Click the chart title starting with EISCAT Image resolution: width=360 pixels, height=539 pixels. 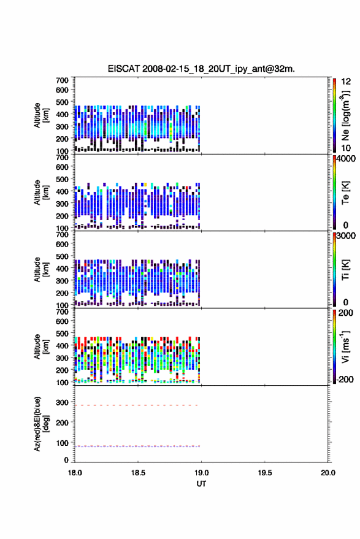[201, 69]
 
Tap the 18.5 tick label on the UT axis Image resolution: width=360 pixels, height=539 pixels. [138, 473]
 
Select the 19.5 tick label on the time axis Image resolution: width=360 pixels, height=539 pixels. [264, 473]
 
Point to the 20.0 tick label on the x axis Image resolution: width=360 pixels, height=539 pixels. [327, 473]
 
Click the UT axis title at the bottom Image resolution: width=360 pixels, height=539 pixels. [201, 484]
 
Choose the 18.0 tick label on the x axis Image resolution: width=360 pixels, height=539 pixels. [75, 473]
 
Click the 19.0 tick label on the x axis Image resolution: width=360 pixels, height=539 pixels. [201, 473]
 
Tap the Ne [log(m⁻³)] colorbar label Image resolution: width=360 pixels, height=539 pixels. [345, 115]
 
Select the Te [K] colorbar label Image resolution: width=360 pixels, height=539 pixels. [345, 193]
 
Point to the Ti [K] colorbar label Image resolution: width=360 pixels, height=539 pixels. [345, 270]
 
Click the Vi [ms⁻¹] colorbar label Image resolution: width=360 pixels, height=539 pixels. [345, 347]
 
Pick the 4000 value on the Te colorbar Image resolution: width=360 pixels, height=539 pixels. [346, 159]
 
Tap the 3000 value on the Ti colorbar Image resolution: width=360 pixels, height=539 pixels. [346, 236]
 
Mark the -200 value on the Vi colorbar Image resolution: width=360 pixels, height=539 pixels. [344, 379]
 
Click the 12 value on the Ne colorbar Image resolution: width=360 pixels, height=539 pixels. [346, 82]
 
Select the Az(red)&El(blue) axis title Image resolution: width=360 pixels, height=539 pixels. [41, 424]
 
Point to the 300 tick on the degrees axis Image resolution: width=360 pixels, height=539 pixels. [62, 402]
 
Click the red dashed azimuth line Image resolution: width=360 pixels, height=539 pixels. [137, 405]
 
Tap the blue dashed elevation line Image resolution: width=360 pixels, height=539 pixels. [137, 446]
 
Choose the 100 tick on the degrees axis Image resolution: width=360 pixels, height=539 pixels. [62, 443]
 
